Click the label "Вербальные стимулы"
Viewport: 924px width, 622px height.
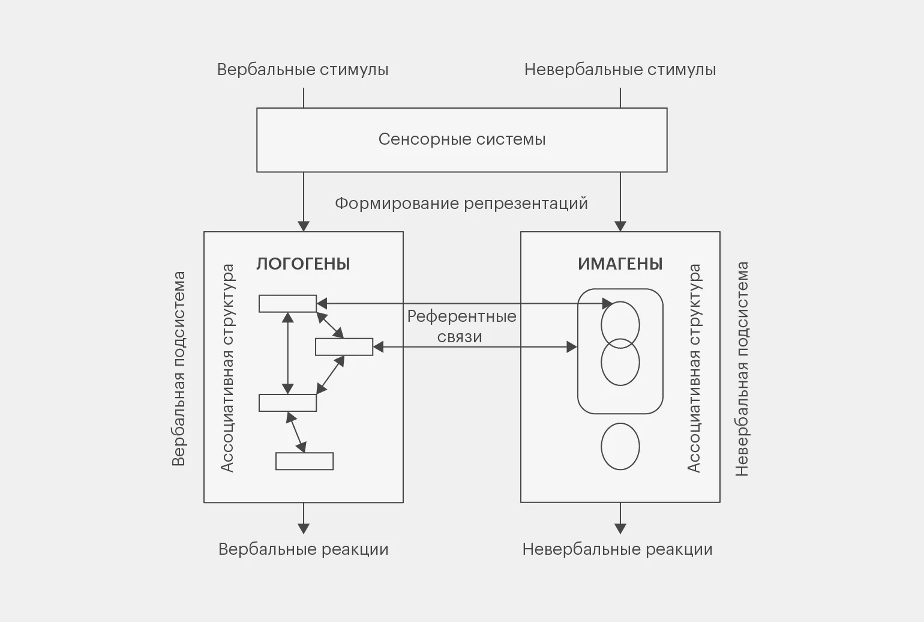point(302,70)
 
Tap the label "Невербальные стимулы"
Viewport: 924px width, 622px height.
point(620,70)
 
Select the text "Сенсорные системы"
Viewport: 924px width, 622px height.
point(462,139)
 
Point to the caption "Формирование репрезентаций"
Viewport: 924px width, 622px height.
point(461,204)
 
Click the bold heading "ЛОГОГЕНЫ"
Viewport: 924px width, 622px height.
point(303,264)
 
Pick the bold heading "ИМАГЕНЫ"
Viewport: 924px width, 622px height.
point(620,264)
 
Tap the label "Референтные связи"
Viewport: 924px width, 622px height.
point(461,326)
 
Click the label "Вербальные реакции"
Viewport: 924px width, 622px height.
point(303,549)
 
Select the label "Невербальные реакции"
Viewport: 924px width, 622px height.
point(617,549)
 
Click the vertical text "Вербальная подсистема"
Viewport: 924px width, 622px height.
point(179,369)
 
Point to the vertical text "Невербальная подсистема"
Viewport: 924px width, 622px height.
point(742,369)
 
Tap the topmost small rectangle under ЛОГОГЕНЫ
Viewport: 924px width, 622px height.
point(287,304)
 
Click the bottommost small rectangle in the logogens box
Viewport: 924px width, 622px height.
point(304,461)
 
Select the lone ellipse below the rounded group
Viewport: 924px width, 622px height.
point(620,447)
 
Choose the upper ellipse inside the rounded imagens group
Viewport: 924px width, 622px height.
point(620,325)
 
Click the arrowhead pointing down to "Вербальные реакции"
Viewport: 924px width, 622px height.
point(304,528)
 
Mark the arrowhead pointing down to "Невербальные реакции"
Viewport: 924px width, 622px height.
point(620,528)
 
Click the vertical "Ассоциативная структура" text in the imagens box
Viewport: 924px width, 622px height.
point(694,369)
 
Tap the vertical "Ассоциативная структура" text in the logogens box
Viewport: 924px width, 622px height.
point(227,369)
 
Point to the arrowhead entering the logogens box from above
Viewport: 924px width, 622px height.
point(304,226)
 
